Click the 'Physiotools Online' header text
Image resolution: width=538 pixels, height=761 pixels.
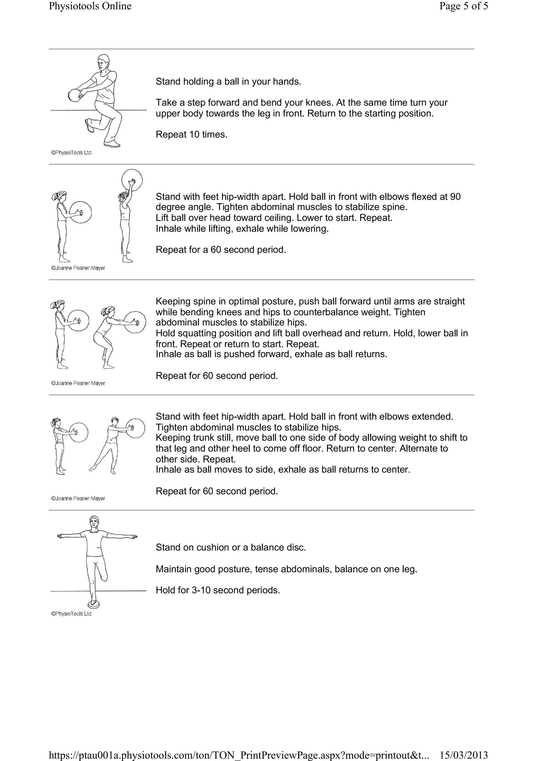[x=90, y=6]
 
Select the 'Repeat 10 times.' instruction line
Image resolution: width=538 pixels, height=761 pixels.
[x=192, y=135]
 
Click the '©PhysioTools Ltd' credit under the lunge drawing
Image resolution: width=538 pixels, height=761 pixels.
[x=71, y=152]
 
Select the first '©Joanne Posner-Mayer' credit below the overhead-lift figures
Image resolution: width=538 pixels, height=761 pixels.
[x=78, y=268]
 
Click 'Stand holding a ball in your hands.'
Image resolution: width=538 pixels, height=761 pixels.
[x=228, y=81]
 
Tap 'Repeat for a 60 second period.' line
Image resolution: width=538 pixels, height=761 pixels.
[x=221, y=250]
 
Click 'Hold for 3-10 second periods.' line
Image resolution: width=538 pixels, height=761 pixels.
[x=218, y=590]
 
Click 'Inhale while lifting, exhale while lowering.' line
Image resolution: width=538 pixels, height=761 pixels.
[x=242, y=229]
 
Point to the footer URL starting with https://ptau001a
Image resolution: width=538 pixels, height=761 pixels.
[x=239, y=755]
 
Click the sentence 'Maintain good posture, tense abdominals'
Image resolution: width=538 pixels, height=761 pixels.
[x=286, y=569]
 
